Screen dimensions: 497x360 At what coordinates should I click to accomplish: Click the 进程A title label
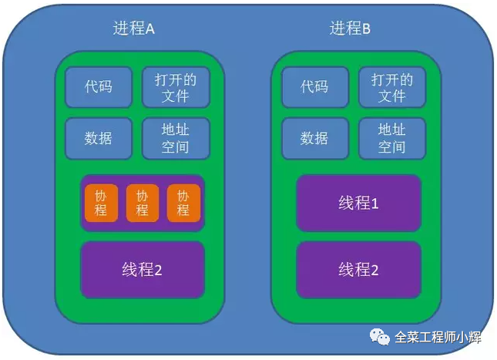[x=134, y=29]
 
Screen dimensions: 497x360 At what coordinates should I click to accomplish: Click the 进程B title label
[x=351, y=29]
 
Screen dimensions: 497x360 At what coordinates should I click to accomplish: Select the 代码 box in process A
[x=99, y=86]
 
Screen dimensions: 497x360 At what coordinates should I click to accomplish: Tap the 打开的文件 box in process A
[x=175, y=87]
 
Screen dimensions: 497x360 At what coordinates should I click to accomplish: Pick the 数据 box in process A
[x=99, y=138]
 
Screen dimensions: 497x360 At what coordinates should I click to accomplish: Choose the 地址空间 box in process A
[x=175, y=138]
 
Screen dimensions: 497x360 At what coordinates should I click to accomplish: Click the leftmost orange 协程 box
[x=101, y=203]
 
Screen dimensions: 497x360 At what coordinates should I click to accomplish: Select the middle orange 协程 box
[x=142, y=203]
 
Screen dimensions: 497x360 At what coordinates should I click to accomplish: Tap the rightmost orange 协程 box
[x=183, y=203]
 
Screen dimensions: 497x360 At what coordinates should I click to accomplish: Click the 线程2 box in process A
[x=143, y=270]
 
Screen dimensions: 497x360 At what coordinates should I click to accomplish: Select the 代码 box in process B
[x=314, y=86]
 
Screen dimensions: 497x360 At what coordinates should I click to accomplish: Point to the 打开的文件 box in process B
[x=391, y=87]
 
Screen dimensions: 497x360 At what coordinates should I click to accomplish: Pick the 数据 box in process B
[x=314, y=138]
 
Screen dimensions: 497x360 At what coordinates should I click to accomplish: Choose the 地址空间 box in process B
[x=391, y=138]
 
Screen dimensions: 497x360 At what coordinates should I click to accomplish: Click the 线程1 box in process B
[x=359, y=204]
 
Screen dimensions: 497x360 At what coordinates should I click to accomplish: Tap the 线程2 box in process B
[x=359, y=270]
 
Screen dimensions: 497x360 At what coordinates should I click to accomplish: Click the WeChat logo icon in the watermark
[x=380, y=336]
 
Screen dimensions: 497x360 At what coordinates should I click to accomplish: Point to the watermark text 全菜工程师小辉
[x=437, y=337]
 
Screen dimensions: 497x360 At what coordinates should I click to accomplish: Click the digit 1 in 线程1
[x=375, y=204]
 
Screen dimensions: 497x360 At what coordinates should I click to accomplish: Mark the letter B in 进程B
[x=366, y=29]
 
